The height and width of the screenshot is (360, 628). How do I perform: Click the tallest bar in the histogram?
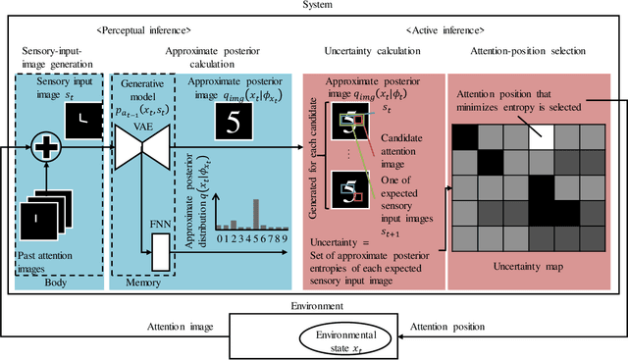coord(255,212)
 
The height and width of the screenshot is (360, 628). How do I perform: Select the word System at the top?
coord(314,7)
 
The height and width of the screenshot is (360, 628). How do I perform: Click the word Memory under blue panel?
coord(148,282)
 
